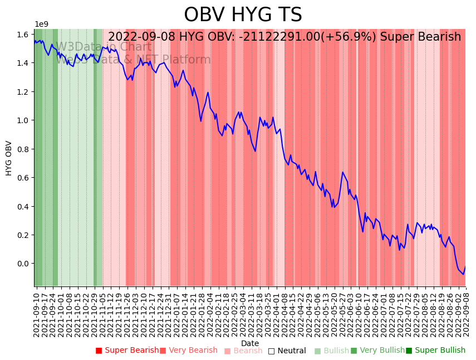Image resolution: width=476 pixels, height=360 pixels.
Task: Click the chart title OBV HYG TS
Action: pos(243,15)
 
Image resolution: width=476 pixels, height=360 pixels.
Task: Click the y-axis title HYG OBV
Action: pos(9,158)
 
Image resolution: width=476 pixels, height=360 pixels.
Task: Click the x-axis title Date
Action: pos(250,343)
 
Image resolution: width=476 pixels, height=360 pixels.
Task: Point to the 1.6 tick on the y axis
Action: pos(23,35)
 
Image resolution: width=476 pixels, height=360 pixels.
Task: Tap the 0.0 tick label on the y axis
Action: pos(23,264)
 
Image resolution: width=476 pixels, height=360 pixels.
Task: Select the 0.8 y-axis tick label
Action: pos(23,149)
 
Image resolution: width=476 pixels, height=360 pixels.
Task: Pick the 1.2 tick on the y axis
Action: pos(23,92)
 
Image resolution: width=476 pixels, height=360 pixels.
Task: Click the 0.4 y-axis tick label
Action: pos(23,207)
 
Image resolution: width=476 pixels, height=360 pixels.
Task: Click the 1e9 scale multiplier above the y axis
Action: pos(42,24)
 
